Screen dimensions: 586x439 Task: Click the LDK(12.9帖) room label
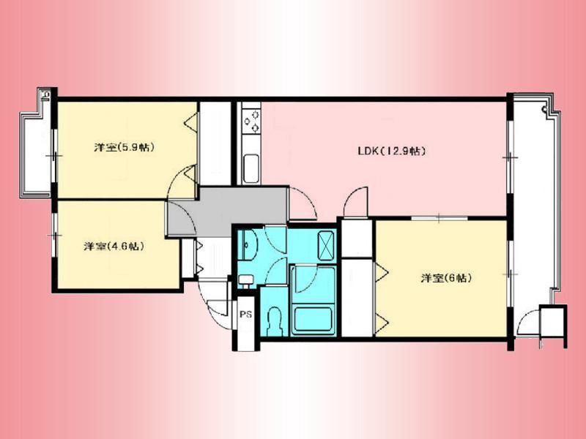(392, 151)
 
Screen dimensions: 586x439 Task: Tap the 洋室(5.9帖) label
(124, 148)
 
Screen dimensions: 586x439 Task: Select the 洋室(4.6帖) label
(114, 246)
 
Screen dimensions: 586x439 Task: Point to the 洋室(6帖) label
(446, 278)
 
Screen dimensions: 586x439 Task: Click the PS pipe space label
(245, 315)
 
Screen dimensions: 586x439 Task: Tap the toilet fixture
(275, 321)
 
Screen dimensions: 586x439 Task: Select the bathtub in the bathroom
(314, 319)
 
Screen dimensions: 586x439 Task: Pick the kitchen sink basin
(251, 168)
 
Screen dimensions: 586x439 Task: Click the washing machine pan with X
(326, 245)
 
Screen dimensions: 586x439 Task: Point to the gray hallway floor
(228, 211)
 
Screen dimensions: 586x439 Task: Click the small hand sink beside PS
(245, 279)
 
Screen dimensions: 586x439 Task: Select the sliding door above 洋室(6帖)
(439, 217)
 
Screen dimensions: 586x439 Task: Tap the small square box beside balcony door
(552, 321)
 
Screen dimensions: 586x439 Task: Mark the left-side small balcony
(36, 153)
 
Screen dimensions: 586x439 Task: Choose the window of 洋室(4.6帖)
(54, 235)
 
